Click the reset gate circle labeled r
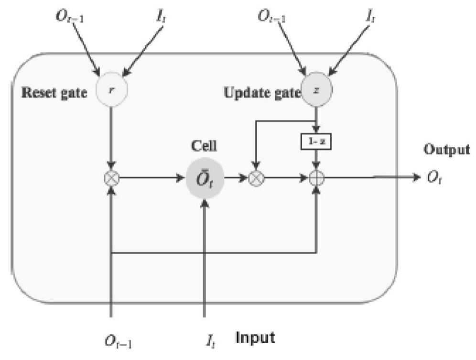[111, 90]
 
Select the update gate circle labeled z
[316, 90]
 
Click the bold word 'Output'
[446, 150]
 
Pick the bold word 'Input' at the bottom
[256, 338]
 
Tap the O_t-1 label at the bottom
[119, 340]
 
